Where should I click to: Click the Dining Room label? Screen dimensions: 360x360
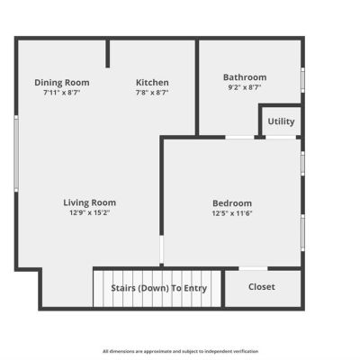(x=62, y=83)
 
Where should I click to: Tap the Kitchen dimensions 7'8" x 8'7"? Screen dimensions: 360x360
(x=152, y=93)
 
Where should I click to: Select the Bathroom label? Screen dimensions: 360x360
(x=245, y=77)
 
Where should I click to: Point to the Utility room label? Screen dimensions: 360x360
(x=281, y=121)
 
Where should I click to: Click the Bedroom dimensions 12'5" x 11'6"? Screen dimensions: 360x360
(x=232, y=213)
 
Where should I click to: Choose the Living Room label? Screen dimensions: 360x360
(x=90, y=202)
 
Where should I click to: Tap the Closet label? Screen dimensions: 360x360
(x=262, y=287)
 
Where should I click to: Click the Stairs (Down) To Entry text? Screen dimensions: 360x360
(x=159, y=288)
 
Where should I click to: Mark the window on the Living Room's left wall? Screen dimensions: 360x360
(x=16, y=154)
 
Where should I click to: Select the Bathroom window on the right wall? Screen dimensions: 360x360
(x=302, y=80)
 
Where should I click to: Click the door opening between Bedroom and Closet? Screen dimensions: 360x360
(x=253, y=268)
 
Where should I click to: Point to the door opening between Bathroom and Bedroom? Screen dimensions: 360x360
(x=239, y=138)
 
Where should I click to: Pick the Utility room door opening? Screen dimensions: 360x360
(x=281, y=138)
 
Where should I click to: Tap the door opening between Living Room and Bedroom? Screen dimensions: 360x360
(x=161, y=249)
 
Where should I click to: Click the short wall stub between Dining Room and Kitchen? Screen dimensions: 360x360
(x=108, y=53)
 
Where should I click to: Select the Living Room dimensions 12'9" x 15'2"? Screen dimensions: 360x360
(x=90, y=212)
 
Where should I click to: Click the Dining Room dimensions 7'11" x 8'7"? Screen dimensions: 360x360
(x=62, y=93)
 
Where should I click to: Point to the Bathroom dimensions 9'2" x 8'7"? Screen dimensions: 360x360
(x=245, y=87)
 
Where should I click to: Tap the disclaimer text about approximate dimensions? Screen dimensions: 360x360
(x=180, y=351)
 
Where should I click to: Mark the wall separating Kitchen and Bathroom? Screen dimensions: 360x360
(x=197, y=87)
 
